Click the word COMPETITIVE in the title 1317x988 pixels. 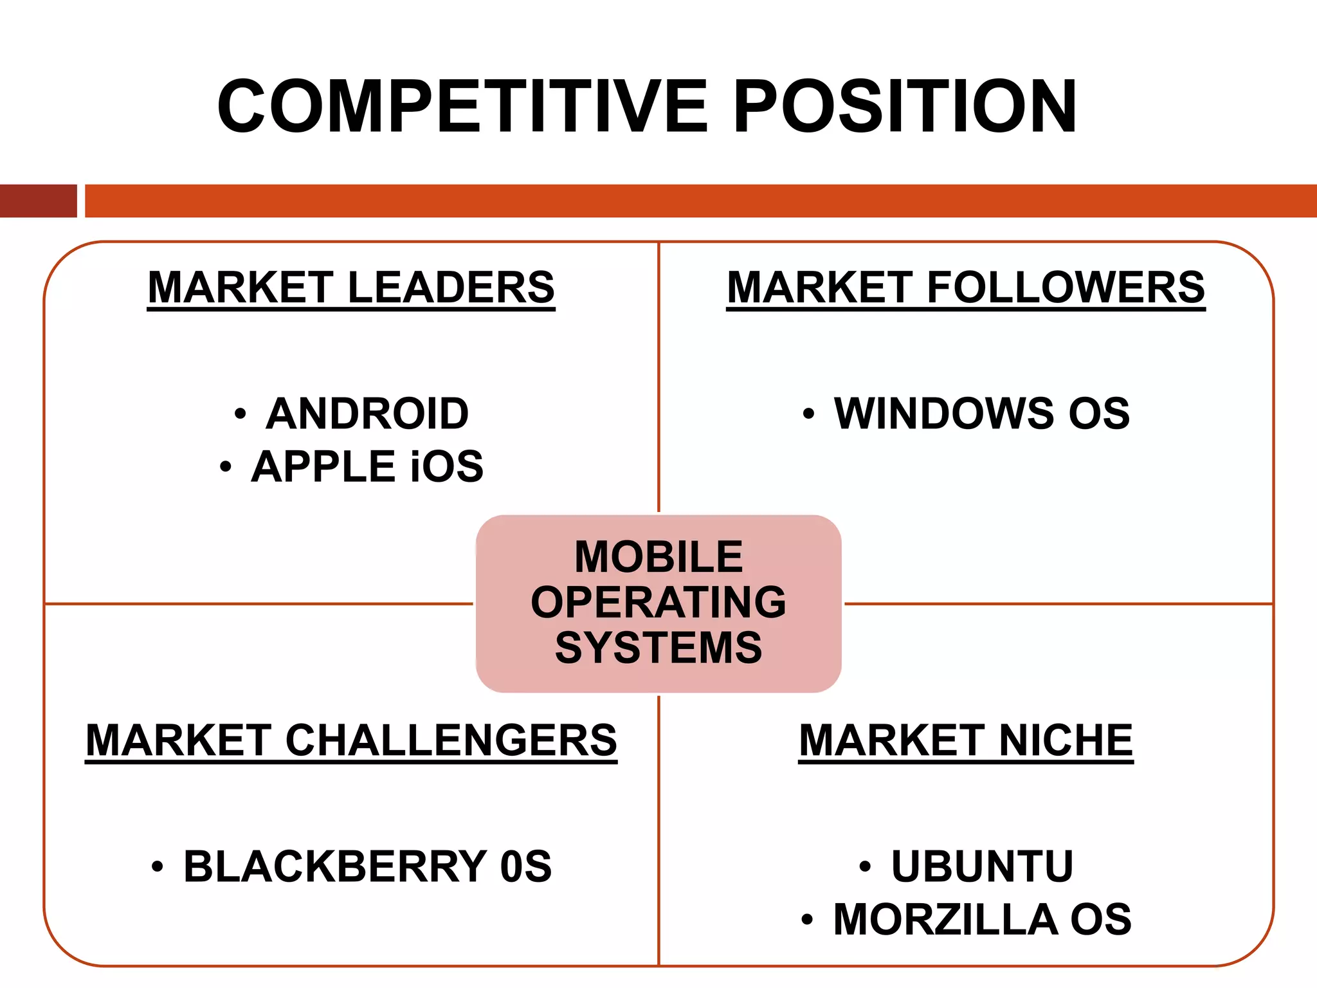click(x=462, y=106)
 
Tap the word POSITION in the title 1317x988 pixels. click(x=905, y=106)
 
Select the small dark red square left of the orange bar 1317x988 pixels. click(x=38, y=201)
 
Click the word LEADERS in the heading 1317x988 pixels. click(x=451, y=287)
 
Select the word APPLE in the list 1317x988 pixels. click(x=323, y=466)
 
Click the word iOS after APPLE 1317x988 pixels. click(x=447, y=466)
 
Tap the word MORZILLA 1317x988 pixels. click(x=945, y=919)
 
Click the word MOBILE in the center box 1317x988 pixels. click(x=658, y=556)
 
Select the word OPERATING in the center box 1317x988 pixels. click(x=658, y=602)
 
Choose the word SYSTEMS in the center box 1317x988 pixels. click(x=658, y=647)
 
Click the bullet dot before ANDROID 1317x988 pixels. click(x=240, y=414)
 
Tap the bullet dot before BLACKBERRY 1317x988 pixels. click(x=158, y=867)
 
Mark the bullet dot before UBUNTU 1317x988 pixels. click(x=865, y=867)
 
